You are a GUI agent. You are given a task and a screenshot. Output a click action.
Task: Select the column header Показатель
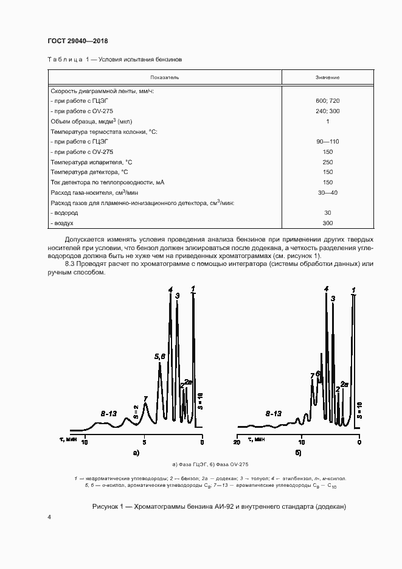tap(165, 78)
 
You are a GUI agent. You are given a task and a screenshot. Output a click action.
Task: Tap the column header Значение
tap(327, 78)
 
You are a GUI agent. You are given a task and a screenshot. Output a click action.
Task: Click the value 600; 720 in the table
tap(327, 100)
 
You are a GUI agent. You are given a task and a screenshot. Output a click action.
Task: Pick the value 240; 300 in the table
tap(327, 111)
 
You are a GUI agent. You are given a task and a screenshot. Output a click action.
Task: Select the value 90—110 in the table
tap(327, 141)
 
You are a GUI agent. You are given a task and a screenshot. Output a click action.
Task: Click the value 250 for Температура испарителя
tap(327, 162)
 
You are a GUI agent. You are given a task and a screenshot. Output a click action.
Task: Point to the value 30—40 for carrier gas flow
tap(327, 192)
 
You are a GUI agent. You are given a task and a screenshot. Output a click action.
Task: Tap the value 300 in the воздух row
tap(327, 223)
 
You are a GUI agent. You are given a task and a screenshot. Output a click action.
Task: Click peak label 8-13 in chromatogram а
tap(109, 413)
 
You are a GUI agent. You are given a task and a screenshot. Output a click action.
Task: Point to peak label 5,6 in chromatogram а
tap(159, 356)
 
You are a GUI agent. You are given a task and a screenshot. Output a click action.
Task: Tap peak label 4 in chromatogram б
tap(326, 289)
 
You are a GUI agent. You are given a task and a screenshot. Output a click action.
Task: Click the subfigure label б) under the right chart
tap(299, 453)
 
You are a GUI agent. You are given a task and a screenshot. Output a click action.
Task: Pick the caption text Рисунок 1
tap(108, 507)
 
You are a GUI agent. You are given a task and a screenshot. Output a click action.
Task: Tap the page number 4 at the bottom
tap(49, 517)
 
